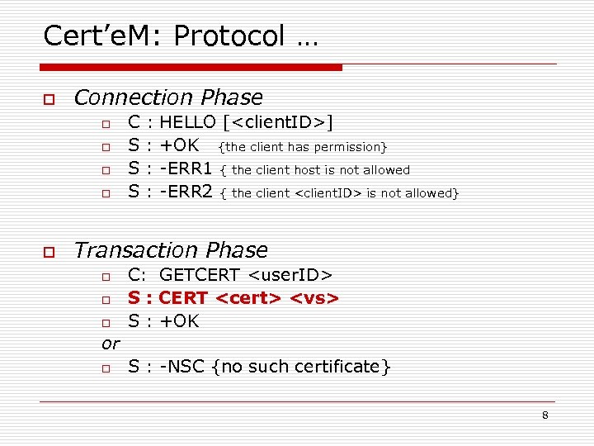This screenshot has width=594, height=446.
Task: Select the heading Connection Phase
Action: tap(168, 97)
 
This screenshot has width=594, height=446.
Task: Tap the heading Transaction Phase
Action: tap(171, 249)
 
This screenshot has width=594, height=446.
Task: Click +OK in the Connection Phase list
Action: tap(179, 146)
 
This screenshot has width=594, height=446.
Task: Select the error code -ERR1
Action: tap(186, 169)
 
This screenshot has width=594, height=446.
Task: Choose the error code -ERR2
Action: tap(186, 192)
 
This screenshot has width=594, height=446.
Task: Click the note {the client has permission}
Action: tap(302, 147)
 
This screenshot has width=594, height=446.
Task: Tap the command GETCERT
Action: tap(199, 274)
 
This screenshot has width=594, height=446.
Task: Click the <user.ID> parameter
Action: tap(291, 274)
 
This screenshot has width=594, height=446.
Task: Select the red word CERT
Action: tap(183, 297)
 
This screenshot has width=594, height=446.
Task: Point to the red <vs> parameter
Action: tap(315, 297)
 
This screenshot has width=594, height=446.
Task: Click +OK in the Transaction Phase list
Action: tap(179, 320)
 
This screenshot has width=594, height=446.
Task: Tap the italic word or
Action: tap(111, 343)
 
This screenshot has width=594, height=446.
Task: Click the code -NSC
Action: tap(182, 366)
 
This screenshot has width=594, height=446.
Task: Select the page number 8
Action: tap(545, 415)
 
